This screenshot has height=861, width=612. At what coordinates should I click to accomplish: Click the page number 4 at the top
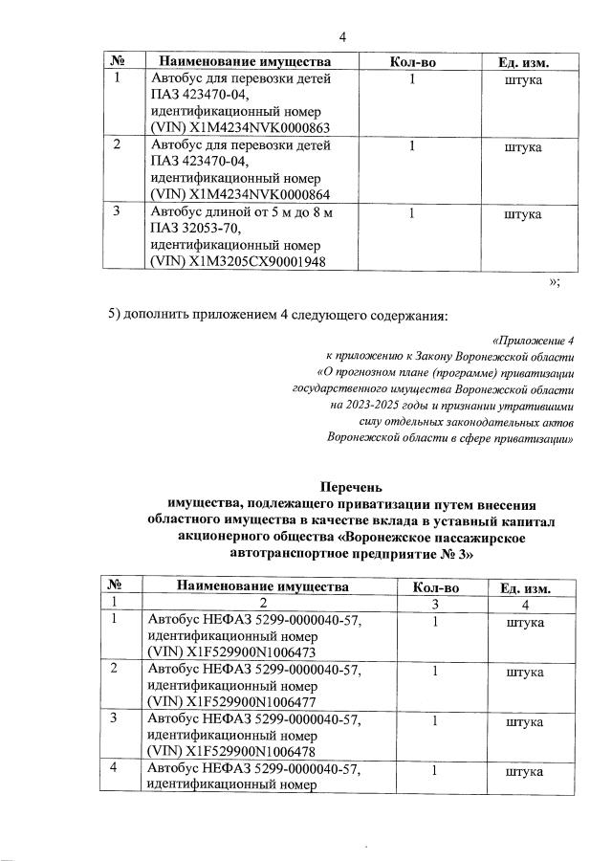(x=342, y=36)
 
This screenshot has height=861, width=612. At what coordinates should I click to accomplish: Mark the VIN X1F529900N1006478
(x=257, y=750)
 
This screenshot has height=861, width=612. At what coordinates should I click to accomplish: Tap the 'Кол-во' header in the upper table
(x=413, y=62)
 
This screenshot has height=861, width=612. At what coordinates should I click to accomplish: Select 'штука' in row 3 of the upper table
(x=522, y=213)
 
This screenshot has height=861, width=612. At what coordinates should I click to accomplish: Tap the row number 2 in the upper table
(x=117, y=146)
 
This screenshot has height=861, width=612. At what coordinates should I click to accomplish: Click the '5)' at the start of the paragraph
(x=115, y=317)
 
